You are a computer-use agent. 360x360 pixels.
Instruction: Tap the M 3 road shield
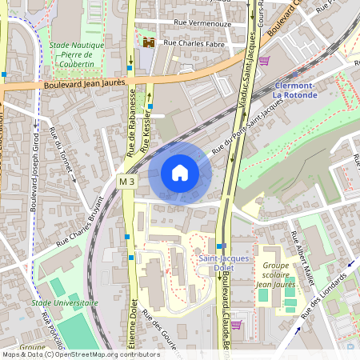click(126, 182)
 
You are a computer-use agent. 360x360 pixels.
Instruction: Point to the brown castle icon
click(148, 42)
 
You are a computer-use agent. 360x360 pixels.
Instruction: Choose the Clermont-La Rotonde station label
click(295, 90)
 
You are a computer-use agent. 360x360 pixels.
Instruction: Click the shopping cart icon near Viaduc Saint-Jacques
click(263, 60)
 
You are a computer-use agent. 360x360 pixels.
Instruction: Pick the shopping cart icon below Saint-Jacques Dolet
click(236, 324)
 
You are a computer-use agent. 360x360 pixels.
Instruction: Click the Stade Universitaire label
click(65, 303)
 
